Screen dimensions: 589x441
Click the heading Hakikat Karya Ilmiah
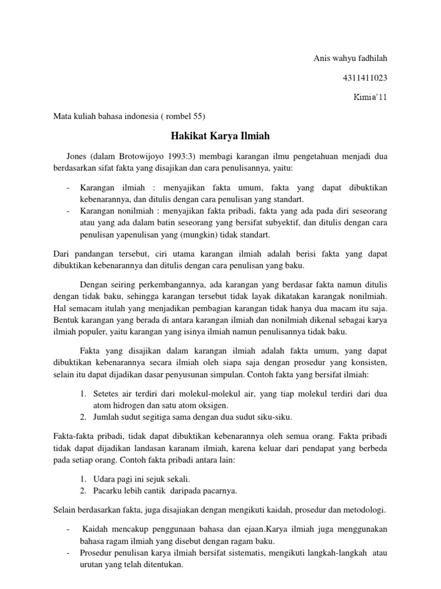tap(220, 136)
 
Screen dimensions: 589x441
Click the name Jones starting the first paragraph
tap(79, 155)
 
